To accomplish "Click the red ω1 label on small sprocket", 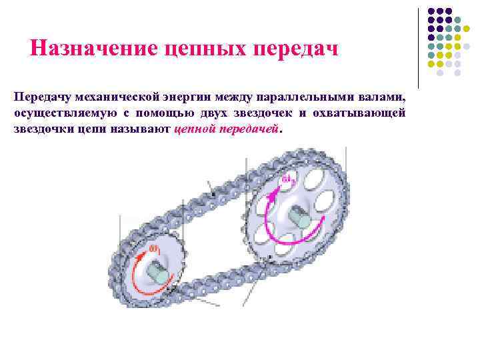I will tap(153, 248).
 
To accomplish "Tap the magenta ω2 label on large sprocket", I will tap(287, 180).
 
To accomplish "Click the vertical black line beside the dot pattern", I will tap(418, 47).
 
